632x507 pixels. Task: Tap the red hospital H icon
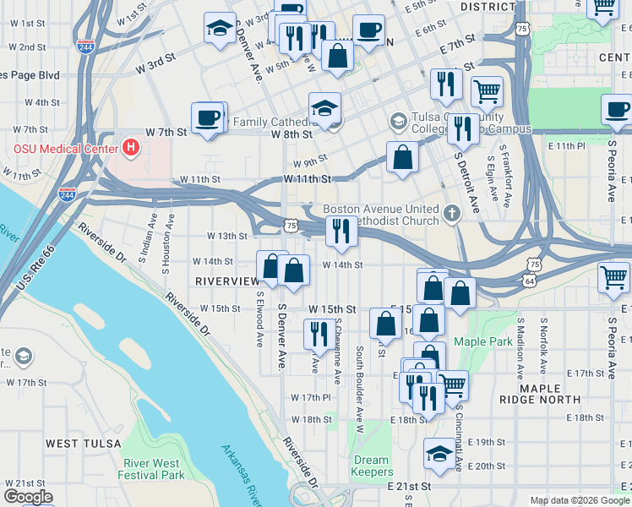[x=130, y=148]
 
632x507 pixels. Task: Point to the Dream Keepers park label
[x=372, y=466]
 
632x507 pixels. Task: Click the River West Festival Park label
[x=153, y=469]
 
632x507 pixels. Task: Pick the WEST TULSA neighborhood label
[x=83, y=444]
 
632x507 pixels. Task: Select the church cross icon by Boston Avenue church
[x=452, y=214]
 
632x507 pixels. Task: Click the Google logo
[x=29, y=497]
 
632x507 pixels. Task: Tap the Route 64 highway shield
[x=528, y=279]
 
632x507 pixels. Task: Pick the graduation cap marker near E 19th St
[x=438, y=454]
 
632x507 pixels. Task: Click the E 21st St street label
[x=410, y=487]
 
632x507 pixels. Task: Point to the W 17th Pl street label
[x=311, y=397]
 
